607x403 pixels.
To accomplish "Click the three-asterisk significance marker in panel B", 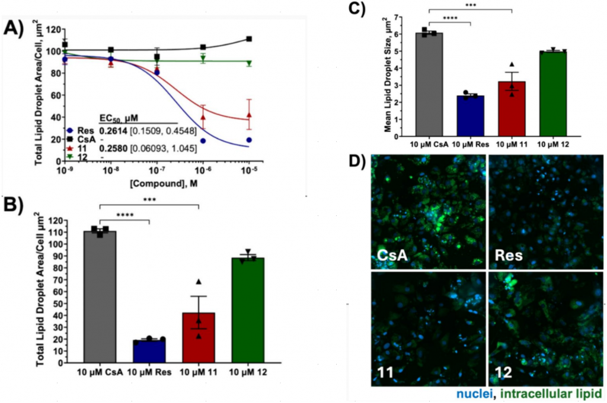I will point(149,201).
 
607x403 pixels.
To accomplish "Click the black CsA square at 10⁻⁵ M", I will point(250,39).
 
